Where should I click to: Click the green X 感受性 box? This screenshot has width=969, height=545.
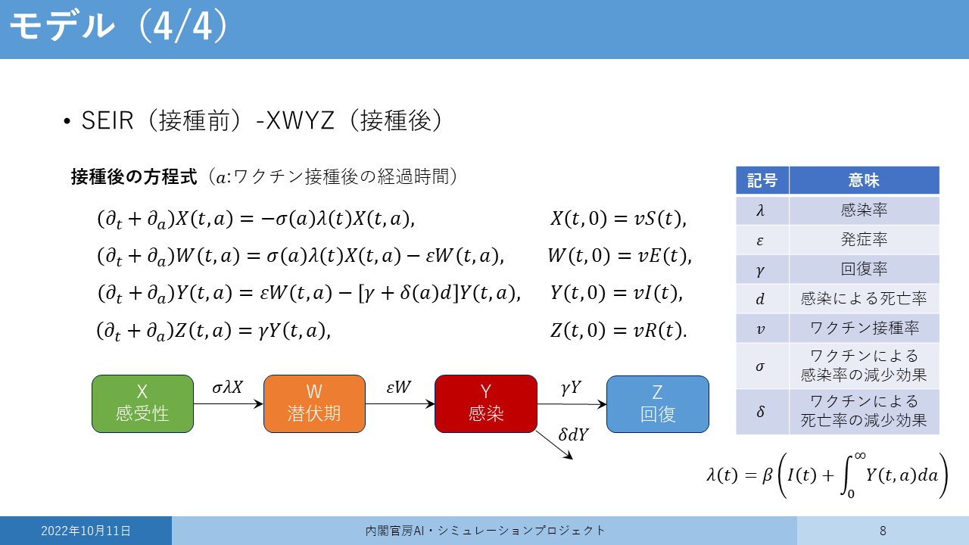point(142,403)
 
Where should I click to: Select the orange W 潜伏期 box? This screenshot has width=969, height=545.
point(314,403)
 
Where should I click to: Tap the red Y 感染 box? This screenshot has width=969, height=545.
point(486,403)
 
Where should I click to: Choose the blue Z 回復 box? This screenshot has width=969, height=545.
point(658,404)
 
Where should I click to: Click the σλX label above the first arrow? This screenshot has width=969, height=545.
point(228,387)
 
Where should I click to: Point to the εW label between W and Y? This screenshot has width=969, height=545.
point(398,387)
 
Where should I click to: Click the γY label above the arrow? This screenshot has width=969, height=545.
point(571,388)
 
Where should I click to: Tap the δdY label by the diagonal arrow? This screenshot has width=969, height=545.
point(574,434)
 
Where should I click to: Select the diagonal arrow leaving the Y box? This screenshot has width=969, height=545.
point(555,445)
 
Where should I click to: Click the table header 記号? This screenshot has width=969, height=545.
point(762,180)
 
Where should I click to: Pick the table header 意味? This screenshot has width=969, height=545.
point(864,180)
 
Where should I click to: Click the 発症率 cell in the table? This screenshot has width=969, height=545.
point(864,239)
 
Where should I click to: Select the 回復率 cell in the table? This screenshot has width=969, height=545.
point(864,269)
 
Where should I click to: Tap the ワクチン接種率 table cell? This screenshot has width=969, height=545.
point(864,328)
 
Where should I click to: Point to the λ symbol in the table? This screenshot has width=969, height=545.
point(760,210)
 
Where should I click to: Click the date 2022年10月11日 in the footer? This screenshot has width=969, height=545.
point(86,531)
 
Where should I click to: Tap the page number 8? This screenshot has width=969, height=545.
point(883,531)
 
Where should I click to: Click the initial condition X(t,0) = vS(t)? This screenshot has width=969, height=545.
point(618,219)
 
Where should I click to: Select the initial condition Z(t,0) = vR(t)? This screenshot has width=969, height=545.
point(618,331)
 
